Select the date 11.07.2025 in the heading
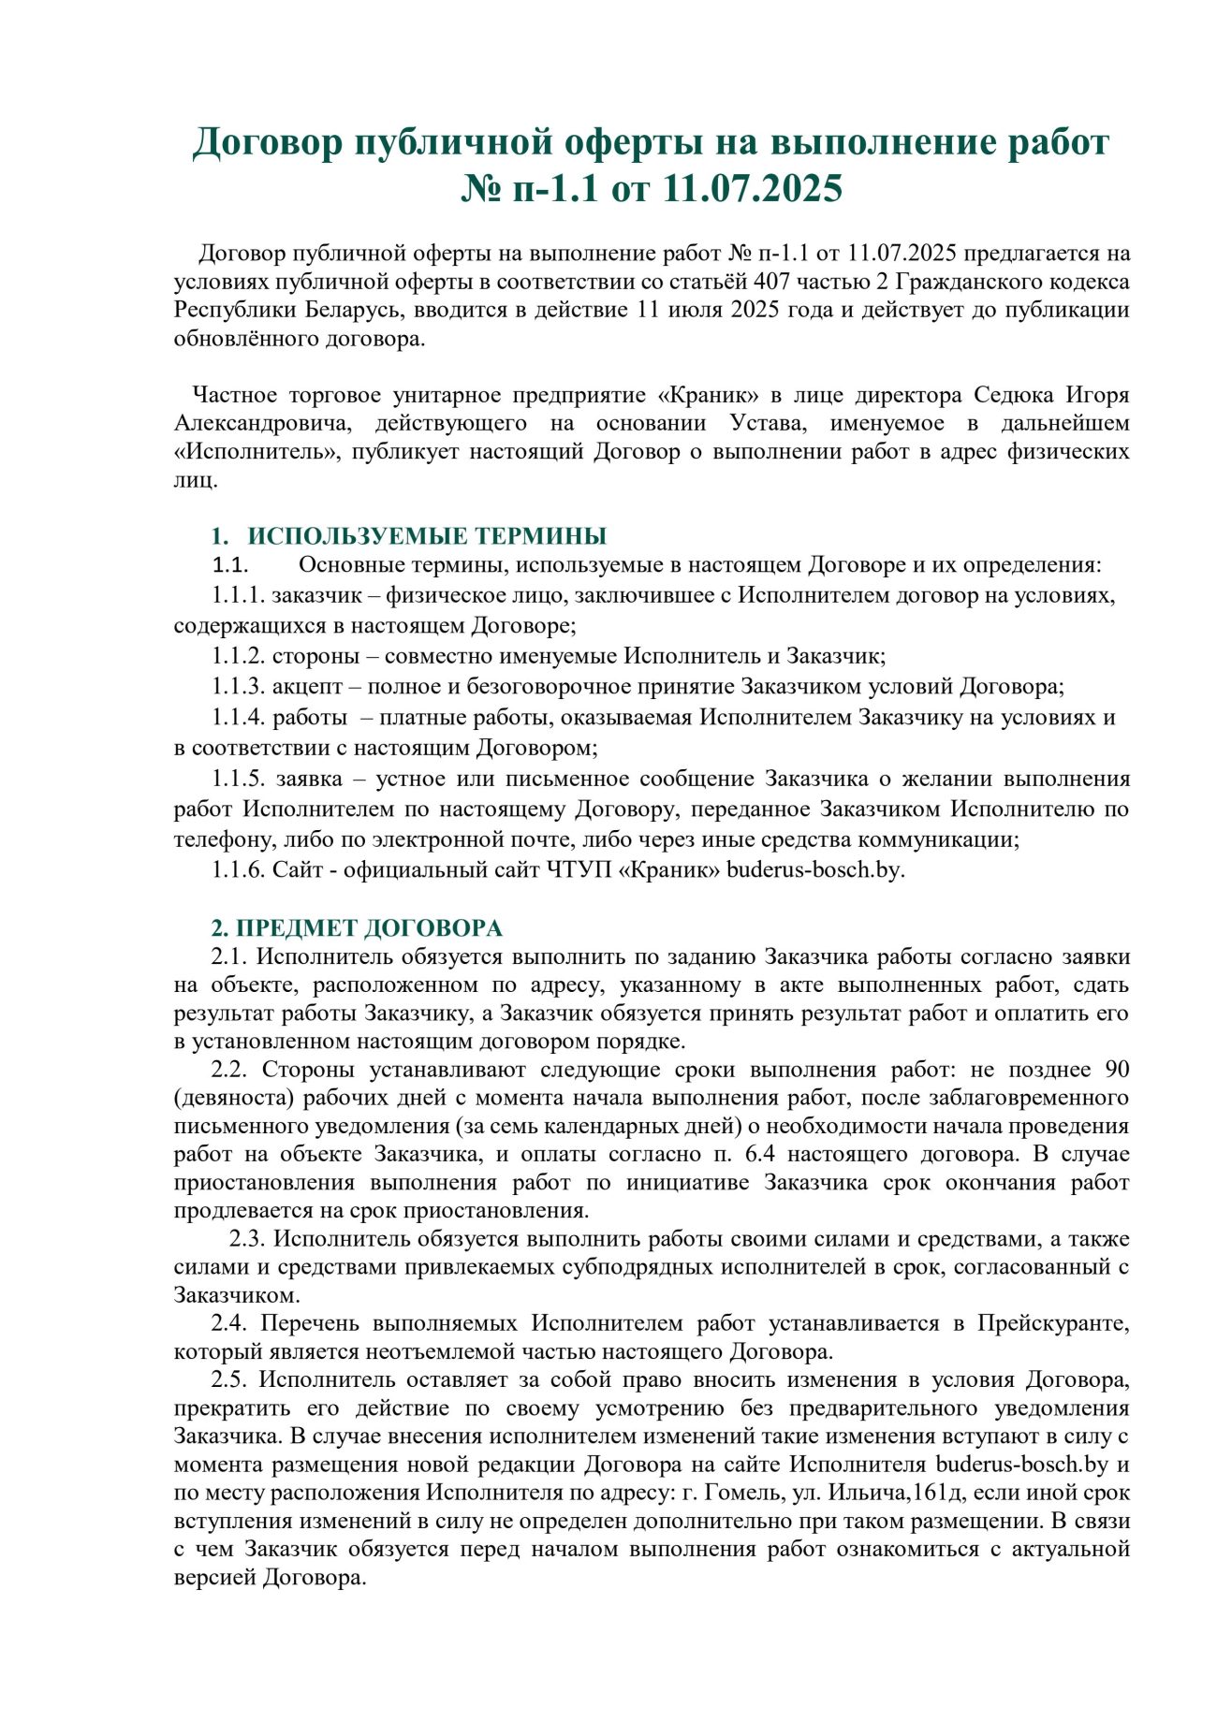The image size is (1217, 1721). coord(753,188)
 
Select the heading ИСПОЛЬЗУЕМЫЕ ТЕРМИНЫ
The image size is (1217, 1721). coord(427,536)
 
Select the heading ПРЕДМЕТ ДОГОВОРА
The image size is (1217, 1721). coord(369,928)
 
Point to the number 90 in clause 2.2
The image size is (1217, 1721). coord(1117,1070)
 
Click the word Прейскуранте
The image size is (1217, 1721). coord(1053,1323)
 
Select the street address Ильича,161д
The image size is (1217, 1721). coord(894,1493)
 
